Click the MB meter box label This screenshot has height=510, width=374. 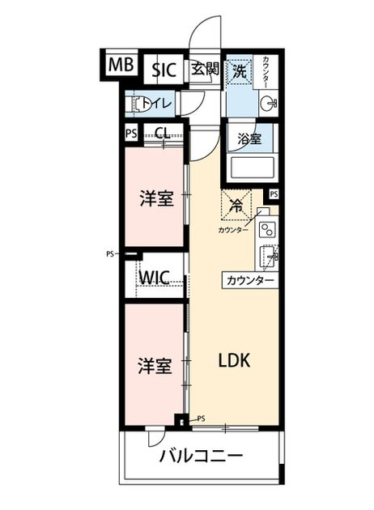[x=121, y=65]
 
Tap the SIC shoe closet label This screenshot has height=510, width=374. [x=164, y=70]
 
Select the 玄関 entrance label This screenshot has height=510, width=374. [x=205, y=69]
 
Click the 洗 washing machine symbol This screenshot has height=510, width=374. [x=240, y=71]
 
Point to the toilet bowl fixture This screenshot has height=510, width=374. [x=138, y=104]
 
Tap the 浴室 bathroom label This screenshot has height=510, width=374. [x=249, y=139]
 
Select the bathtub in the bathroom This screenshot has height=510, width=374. [x=252, y=168]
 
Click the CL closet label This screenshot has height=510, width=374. [x=162, y=133]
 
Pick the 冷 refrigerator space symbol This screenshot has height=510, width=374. [x=236, y=206]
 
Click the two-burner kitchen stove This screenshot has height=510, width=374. [x=267, y=229]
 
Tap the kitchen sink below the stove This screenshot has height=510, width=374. [x=268, y=257]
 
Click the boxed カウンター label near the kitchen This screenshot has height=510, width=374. [x=250, y=280]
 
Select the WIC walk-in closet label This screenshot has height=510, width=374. [x=154, y=278]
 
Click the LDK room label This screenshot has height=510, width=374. [x=234, y=360]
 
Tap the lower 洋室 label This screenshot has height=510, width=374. [x=154, y=365]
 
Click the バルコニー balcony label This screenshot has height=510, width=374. [x=202, y=456]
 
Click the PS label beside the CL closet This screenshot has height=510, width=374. [x=131, y=134]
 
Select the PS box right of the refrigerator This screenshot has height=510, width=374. [x=274, y=194]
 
